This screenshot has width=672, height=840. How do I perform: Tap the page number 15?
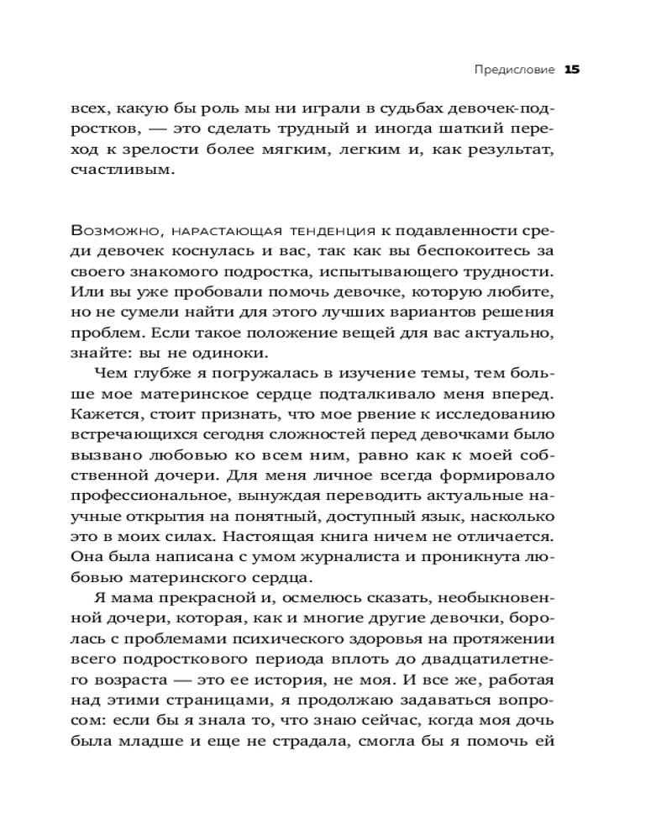572,71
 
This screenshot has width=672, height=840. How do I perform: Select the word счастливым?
122,170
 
